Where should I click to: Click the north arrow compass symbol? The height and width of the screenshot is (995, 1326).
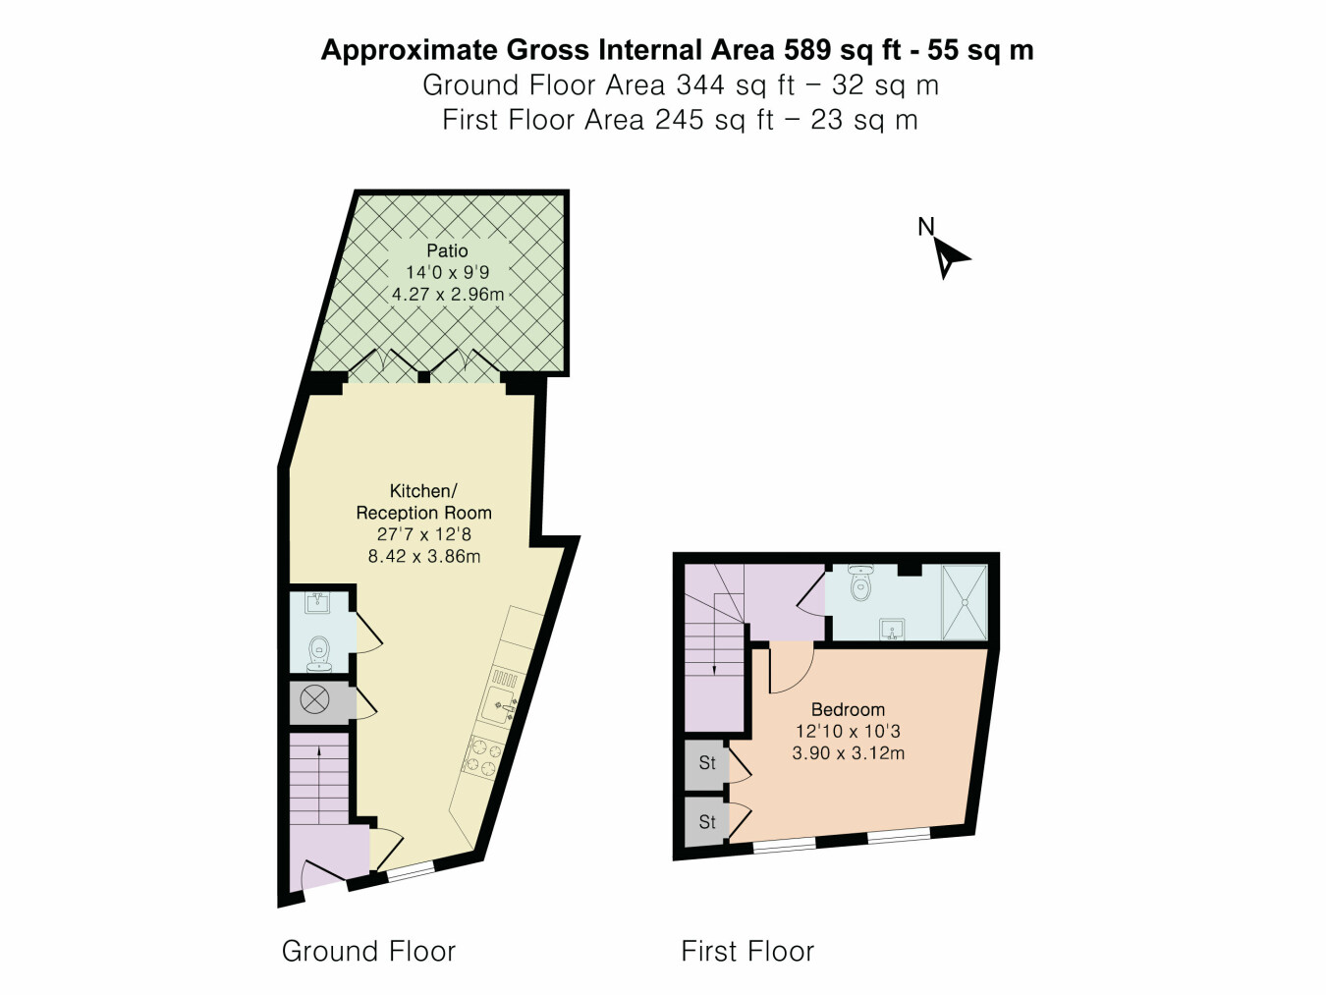(949, 257)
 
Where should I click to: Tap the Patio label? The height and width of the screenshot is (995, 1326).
(447, 250)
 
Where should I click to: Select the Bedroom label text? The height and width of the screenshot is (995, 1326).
(848, 709)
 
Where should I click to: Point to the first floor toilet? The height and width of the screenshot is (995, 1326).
(859, 581)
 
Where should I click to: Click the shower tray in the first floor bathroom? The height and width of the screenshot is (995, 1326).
(965, 602)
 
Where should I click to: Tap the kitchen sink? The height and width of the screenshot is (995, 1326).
(500, 704)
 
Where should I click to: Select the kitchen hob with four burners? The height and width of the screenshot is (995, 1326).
(482, 759)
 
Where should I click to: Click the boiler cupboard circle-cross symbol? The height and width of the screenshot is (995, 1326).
(314, 700)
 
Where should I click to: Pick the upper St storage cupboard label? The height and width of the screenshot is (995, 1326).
(707, 763)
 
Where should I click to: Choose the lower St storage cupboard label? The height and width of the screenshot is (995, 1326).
(707, 821)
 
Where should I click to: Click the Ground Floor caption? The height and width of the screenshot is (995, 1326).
(368, 951)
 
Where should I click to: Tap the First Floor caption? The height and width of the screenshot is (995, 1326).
(747, 951)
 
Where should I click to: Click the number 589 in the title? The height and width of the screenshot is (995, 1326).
(806, 49)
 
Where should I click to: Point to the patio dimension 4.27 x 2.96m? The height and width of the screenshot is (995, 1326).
(448, 295)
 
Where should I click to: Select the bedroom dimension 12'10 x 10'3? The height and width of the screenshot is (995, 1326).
(848, 731)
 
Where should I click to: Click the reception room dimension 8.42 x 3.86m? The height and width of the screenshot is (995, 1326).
(424, 556)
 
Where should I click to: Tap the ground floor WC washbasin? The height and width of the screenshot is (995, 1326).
(317, 603)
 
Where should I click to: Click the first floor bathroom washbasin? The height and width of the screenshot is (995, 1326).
(892, 629)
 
